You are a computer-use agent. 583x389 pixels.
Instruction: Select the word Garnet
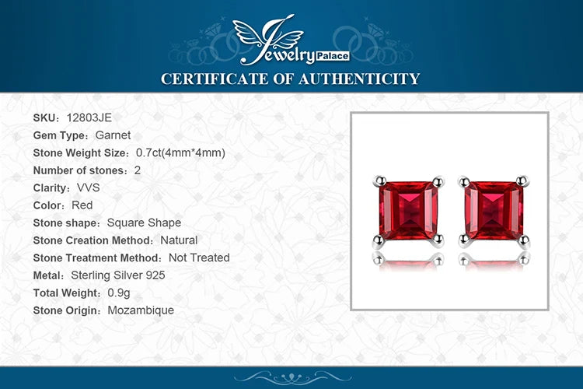coord(113,135)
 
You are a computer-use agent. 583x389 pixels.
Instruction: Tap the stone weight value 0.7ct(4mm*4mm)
coord(180,152)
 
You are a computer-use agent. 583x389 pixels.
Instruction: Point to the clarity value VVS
coord(89,187)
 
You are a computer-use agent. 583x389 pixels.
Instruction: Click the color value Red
coord(82,205)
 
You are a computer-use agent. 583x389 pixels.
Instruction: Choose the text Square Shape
coord(144,223)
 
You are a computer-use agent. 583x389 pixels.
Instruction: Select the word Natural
coord(179,240)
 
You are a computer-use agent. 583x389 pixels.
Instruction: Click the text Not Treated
coord(199,258)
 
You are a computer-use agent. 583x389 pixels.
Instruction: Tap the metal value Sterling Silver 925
coord(118,275)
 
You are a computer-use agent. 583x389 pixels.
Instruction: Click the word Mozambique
coord(141,310)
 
